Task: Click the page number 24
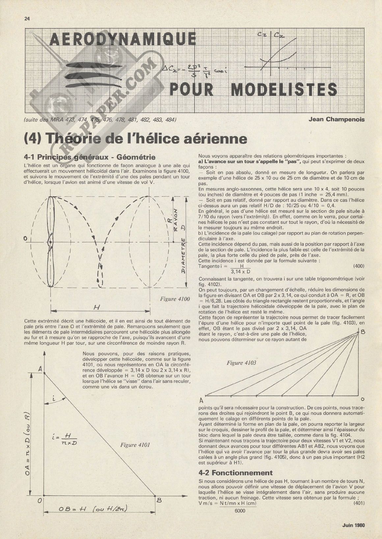pyautogui.click(x=27, y=18)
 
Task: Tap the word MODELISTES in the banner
pyautogui.click(x=284, y=90)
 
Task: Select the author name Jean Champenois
pyautogui.click(x=337, y=119)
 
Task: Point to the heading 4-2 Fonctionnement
pyautogui.click(x=236, y=473)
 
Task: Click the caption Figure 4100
pyautogui.click(x=175, y=299)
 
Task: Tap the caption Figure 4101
pyautogui.click(x=135, y=445)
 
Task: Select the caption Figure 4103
pyautogui.click(x=241, y=363)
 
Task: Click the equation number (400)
pyautogui.click(x=358, y=266)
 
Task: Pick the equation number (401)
pyautogui.click(x=358, y=503)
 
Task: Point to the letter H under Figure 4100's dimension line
pyautogui.click(x=96, y=307)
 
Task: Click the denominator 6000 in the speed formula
pyautogui.click(x=241, y=510)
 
